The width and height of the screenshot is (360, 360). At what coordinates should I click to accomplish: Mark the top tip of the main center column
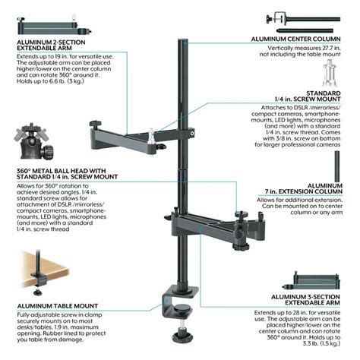(183, 34)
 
